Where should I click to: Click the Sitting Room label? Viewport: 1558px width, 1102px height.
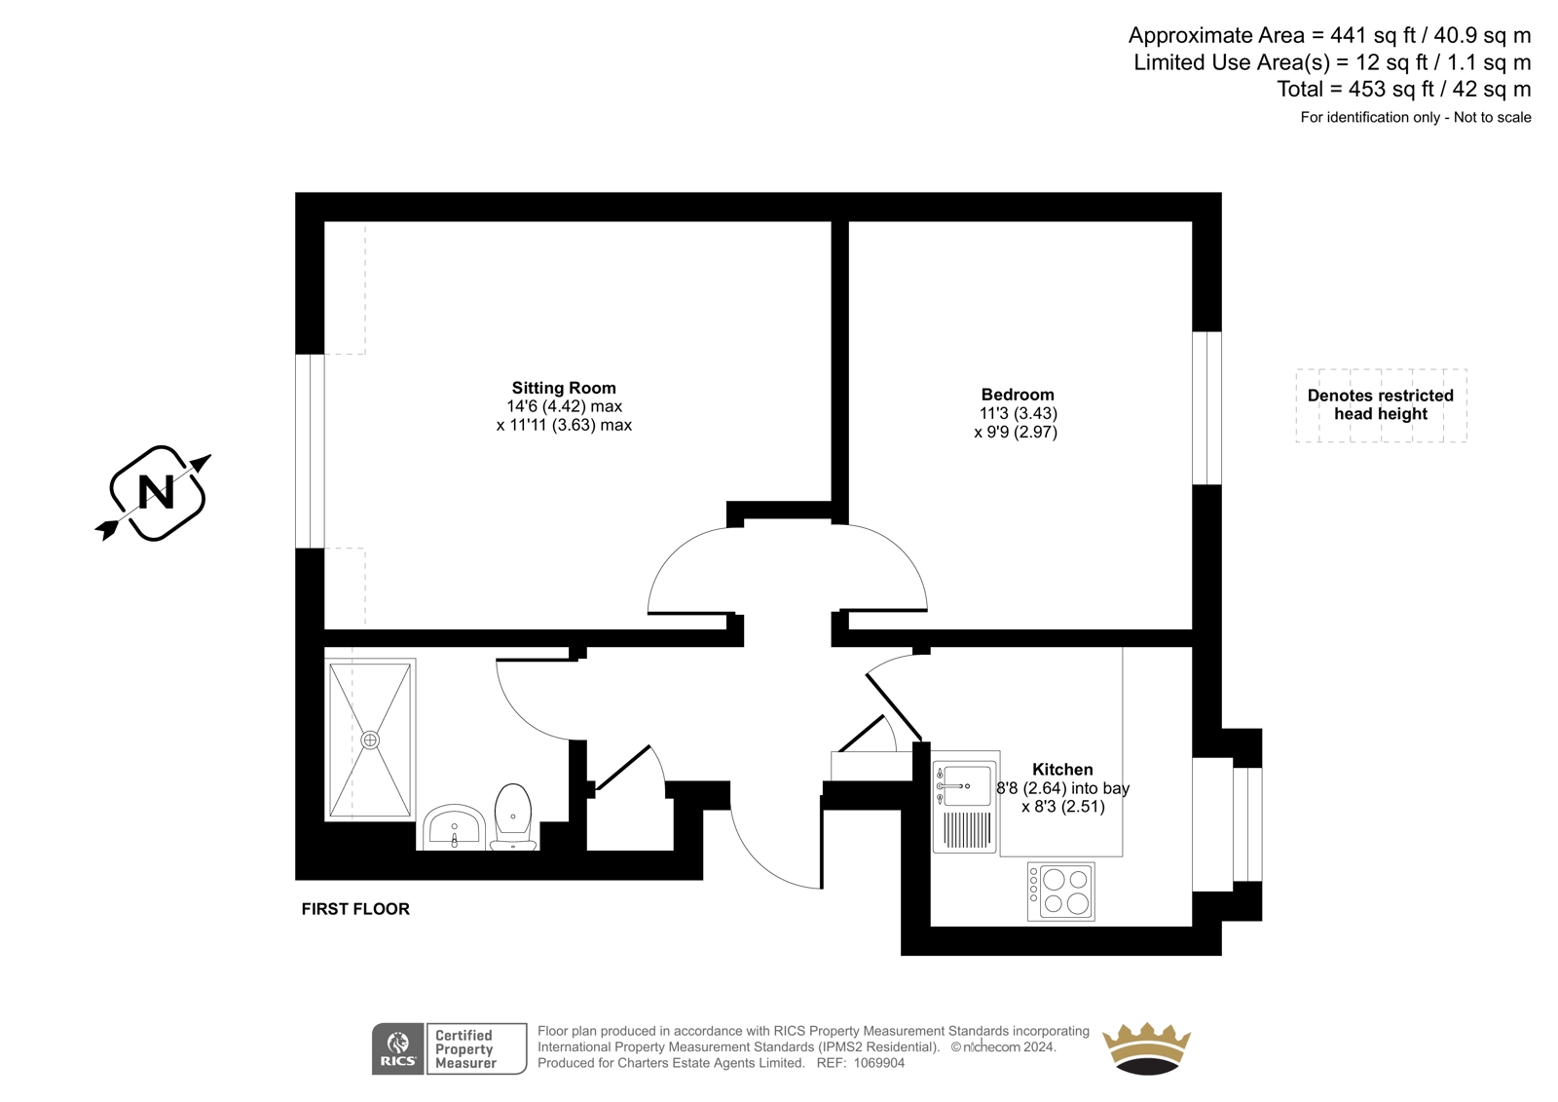(564, 388)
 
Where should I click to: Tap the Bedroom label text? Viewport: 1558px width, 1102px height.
(1018, 395)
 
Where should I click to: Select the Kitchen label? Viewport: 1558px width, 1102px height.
(1062, 769)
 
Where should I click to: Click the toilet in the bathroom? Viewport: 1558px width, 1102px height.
(513, 817)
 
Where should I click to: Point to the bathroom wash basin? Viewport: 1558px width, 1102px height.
(454, 828)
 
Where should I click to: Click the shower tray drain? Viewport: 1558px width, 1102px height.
(370, 740)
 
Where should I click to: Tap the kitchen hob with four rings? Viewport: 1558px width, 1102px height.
(1060, 892)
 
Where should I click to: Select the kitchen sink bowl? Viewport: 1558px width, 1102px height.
(967, 786)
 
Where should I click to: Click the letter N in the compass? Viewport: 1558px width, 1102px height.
(157, 493)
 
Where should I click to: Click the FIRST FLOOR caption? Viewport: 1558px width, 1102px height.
(355, 909)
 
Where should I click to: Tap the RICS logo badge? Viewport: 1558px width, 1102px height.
(398, 1048)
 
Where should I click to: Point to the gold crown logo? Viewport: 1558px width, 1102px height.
(1146, 1048)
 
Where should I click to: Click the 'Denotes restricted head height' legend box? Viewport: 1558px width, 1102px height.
(1382, 405)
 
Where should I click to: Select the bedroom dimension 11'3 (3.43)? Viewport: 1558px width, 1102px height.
(1018, 413)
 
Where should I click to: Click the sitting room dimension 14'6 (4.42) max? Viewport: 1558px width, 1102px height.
(564, 406)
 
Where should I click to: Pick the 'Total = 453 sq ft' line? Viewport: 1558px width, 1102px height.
(1403, 89)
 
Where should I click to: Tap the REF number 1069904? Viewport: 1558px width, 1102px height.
(879, 1063)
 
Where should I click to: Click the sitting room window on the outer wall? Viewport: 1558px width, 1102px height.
(310, 451)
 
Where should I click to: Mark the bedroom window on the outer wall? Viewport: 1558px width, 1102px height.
(1206, 408)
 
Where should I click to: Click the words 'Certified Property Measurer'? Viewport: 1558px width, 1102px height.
(465, 1049)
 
